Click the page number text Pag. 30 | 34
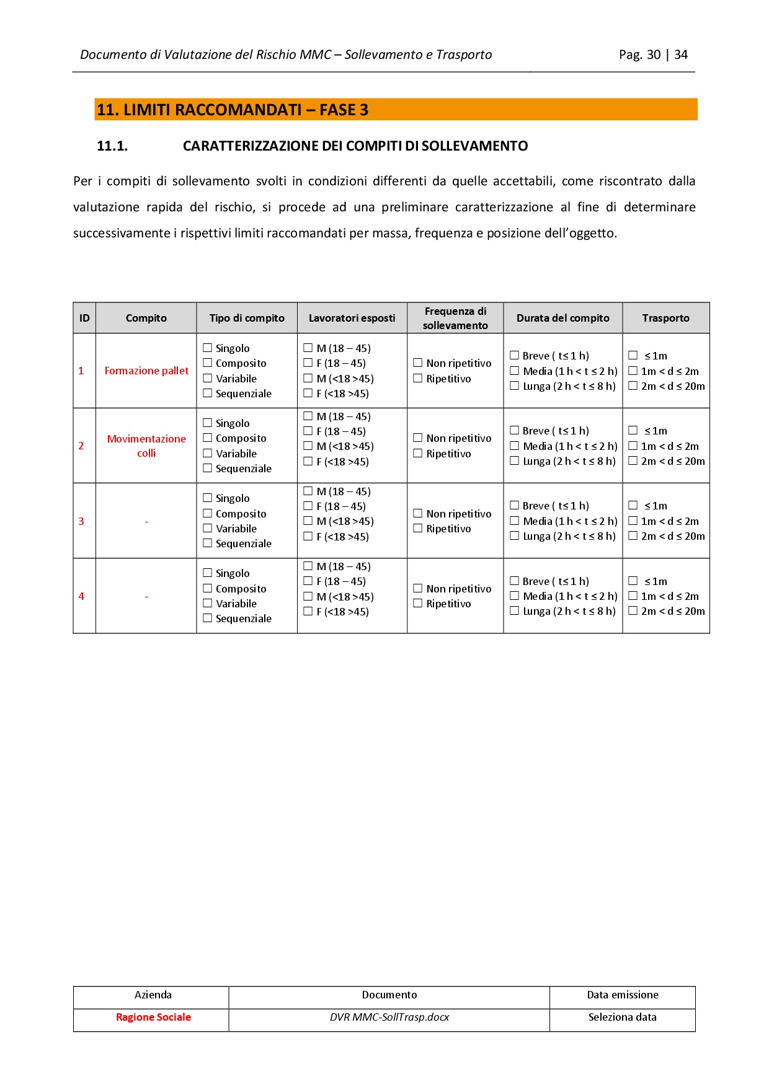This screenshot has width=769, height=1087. (653, 55)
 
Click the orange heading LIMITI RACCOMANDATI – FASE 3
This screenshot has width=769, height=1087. (233, 110)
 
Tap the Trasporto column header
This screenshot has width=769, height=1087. (665, 318)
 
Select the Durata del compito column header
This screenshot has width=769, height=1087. (562, 318)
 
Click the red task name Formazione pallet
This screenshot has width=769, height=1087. (146, 371)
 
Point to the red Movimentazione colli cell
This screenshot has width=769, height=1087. (146, 446)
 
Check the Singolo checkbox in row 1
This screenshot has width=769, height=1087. (208, 348)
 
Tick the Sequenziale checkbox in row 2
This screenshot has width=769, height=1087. (208, 469)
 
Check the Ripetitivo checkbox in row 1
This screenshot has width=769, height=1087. (418, 379)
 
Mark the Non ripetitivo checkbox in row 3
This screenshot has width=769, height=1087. (418, 514)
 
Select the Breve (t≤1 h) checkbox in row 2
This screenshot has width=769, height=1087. (514, 431)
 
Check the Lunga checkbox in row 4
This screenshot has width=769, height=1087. (514, 611)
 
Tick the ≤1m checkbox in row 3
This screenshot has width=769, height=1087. (633, 506)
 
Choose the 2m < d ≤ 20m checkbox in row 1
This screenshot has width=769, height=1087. (633, 386)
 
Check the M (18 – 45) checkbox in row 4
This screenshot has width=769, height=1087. (308, 566)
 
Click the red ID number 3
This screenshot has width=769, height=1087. (81, 521)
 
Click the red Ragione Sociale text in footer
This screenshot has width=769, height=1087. (153, 1017)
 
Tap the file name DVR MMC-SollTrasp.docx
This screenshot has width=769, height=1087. (389, 1017)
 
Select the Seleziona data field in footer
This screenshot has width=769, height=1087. (622, 1017)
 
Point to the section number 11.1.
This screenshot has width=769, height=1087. (112, 146)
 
